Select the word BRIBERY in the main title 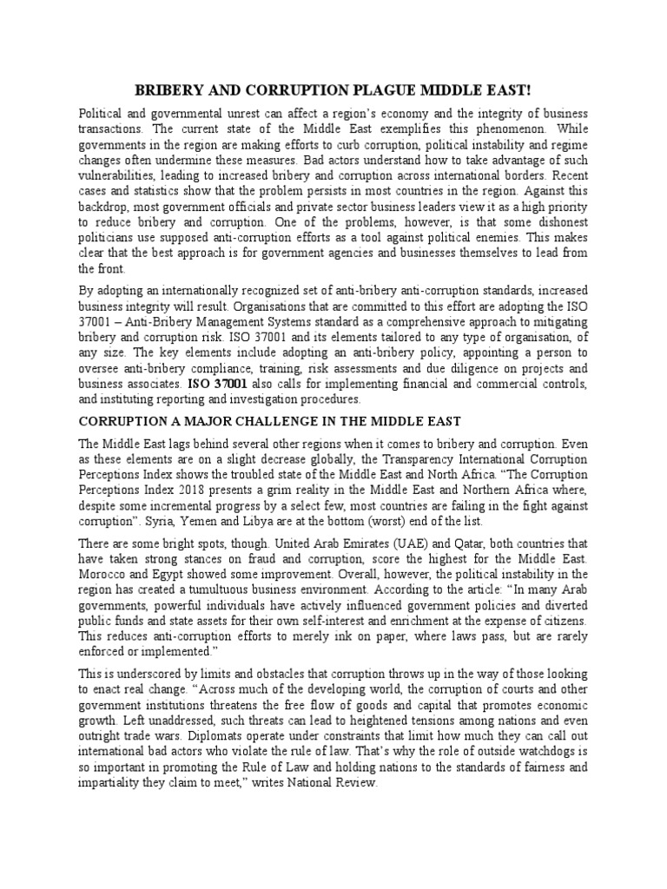(x=168, y=90)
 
